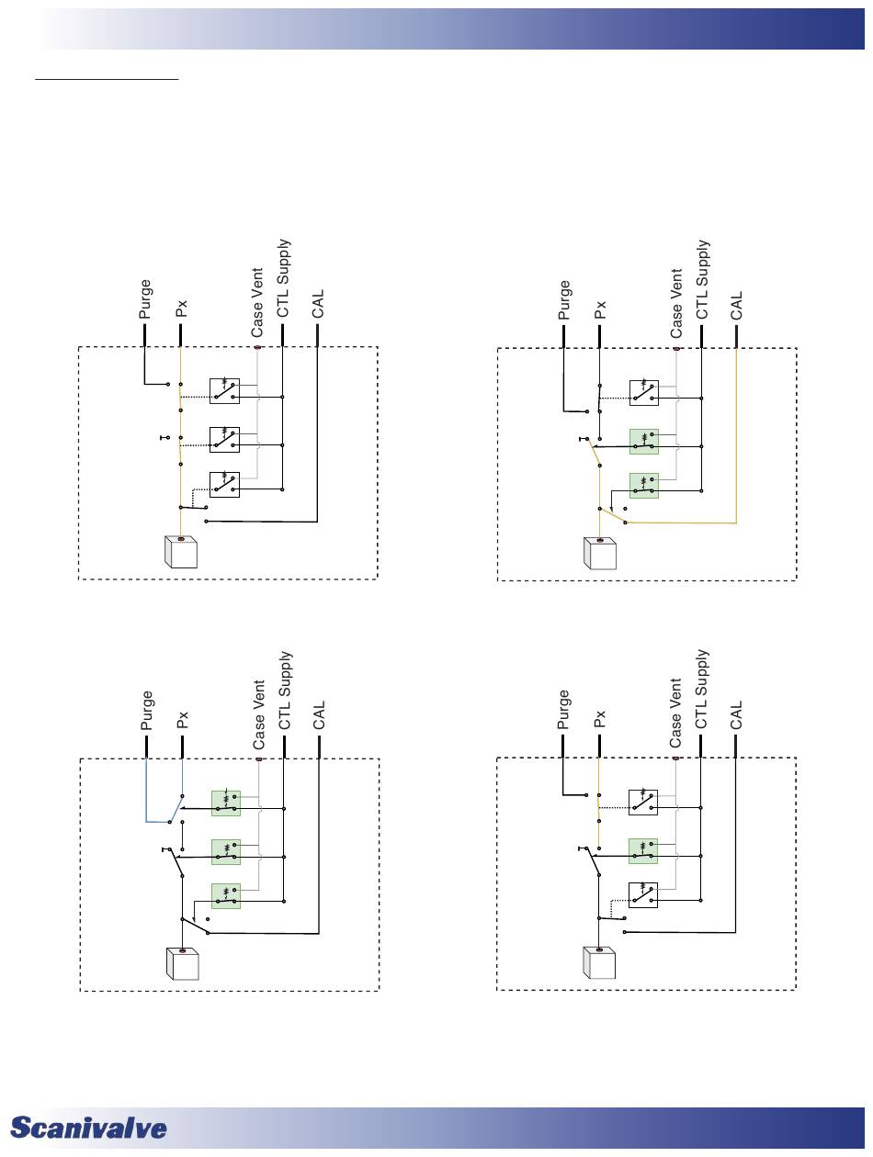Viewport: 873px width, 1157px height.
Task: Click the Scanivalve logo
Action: tap(89, 1129)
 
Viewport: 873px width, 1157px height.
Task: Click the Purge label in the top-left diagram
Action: tap(145, 300)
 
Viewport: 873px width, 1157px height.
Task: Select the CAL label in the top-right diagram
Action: tap(736, 305)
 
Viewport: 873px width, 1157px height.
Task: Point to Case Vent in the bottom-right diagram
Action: tap(675, 712)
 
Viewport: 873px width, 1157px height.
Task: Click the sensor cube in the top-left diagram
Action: tap(181, 553)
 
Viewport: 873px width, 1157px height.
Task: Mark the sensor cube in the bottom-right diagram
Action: tap(600, 962)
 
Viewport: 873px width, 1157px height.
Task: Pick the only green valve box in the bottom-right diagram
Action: tap(643, 850)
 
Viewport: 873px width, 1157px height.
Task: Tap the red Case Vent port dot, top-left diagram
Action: tap(258, 347)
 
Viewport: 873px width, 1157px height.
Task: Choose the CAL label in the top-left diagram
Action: tap(318, 304)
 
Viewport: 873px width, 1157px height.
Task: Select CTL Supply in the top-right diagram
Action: tap(703, 280)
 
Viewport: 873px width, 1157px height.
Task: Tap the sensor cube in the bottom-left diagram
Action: tap(182, 964)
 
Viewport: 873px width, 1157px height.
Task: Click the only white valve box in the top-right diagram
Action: tap(643, 392)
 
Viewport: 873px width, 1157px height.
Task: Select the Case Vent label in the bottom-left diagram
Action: tap(259, 712)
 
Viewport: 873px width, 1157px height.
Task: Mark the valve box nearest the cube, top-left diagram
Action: tap(225, 484)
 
